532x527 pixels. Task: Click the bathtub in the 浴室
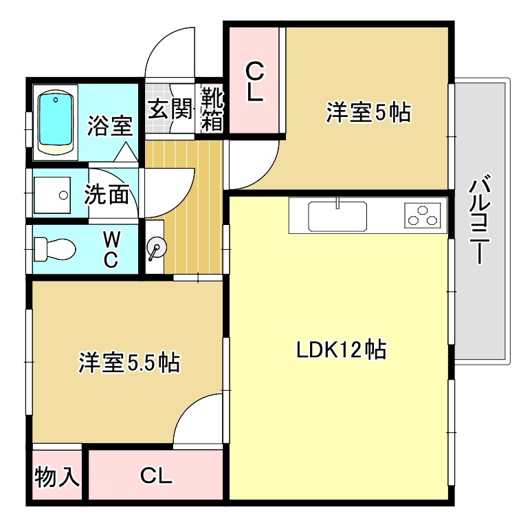(55, 122)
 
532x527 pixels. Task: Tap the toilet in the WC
(54, 250)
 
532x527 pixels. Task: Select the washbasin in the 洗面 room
(52, 195)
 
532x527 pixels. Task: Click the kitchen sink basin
(337, 216)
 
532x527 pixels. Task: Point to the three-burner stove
(423, 215)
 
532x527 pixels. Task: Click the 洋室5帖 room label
(368, 112)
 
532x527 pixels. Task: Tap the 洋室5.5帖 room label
(129, 363)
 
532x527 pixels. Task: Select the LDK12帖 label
(342, 349)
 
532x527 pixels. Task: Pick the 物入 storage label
(57, 476)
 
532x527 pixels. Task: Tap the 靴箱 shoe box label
(212, 109)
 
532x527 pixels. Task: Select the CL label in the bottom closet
(156, 475)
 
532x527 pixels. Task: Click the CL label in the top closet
(254, 83)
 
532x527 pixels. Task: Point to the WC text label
(111, 250)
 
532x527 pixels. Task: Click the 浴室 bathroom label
(110, 126)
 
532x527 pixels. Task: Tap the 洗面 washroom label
(107, 194)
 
